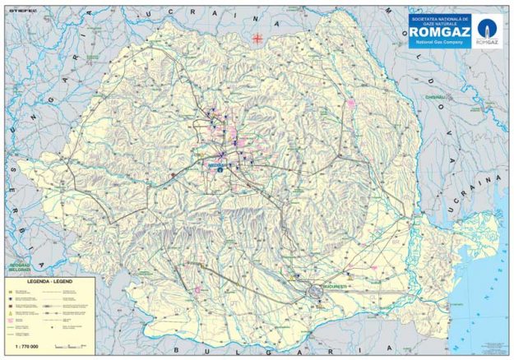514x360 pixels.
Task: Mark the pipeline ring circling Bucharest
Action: (315, 291)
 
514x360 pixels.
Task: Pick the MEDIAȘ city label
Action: (217, 164)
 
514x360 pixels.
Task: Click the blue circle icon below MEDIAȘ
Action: (220, 171)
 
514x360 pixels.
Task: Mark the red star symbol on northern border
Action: (257, 36)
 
